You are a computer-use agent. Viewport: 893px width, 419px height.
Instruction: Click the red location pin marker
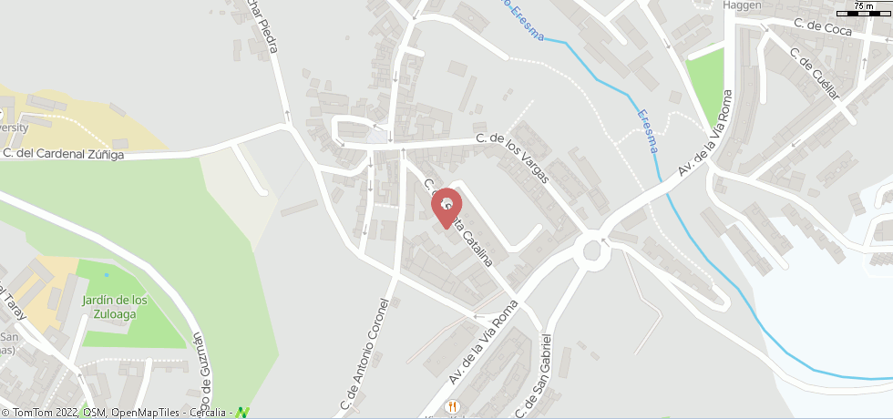click(446, 207)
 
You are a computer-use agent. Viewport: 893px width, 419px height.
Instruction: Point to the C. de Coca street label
click(822, 29)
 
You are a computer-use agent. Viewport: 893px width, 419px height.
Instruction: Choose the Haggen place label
click(741, 5)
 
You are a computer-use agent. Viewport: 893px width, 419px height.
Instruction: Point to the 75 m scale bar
click(869, 8)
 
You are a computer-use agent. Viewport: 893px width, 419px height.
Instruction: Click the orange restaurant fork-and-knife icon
click(450, 405)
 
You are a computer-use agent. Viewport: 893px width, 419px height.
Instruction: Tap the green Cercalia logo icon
click(242, 412)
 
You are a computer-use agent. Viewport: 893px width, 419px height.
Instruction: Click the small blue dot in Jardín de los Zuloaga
click(107, 274)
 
